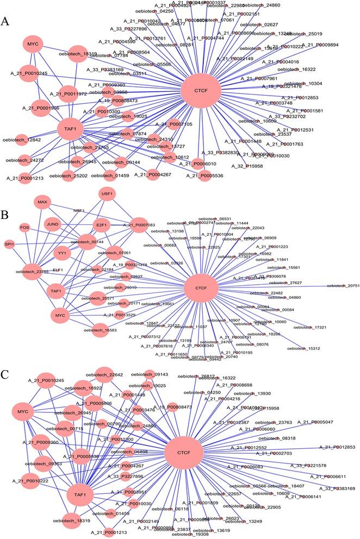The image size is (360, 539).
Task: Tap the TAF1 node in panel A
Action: click(73, 129)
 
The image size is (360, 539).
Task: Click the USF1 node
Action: click(107, 195)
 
